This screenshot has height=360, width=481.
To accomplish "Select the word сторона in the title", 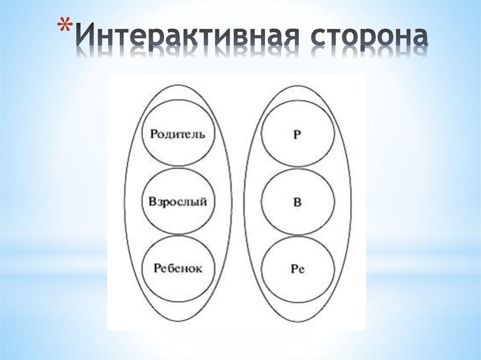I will click(x=368, y=38).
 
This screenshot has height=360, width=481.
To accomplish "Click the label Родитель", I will click(x=178, y=134).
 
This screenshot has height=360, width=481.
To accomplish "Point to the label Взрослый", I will click(x=178, y=202).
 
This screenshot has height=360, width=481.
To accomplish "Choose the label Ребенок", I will click(x=178, y=269).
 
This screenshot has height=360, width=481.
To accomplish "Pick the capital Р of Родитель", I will click(x=153, y=134).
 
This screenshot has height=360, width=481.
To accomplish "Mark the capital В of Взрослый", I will click(x=152, y=202).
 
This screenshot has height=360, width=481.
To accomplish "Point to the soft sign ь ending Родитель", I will click(x=202, y=134).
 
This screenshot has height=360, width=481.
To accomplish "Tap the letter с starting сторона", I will click(x=318, y=39).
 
